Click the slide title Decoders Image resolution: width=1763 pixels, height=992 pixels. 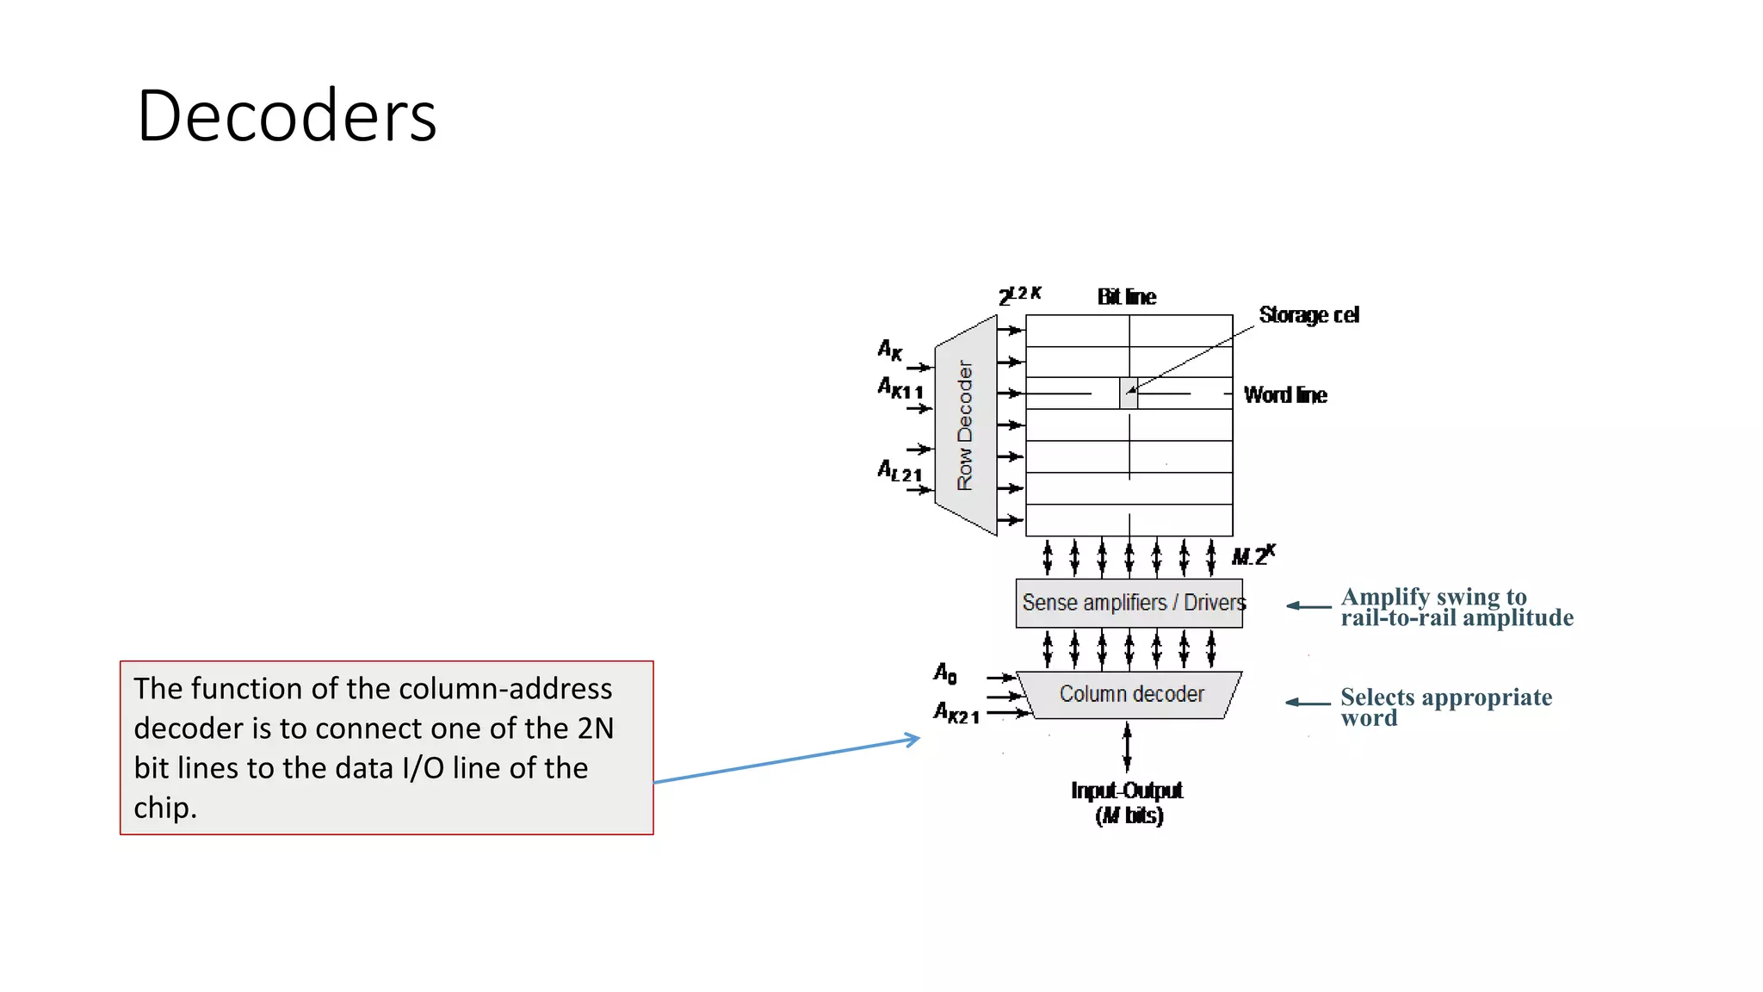pos(287,115)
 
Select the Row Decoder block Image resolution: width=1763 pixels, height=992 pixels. pos(966,425)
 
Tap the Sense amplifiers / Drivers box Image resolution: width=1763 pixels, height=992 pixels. pos(1129,603)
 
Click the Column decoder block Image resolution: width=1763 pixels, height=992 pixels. pos(1130,694)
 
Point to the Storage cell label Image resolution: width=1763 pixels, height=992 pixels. pos(1308,315)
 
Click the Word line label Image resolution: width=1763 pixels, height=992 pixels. pos(1285,395)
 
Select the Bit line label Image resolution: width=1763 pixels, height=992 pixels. pos(1126,297)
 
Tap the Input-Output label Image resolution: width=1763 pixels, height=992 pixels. pos(1127,790)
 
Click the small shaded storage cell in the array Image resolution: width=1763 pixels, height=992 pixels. pos(1129,393)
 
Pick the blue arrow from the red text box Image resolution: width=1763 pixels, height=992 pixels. pos(787,760)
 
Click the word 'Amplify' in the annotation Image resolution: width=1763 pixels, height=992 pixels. pos(1384,597)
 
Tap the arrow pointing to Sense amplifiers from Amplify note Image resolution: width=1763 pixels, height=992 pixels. pos(1308,606)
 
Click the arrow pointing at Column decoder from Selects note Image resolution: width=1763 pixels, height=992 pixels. pos(1308,703)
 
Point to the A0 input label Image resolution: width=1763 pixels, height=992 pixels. pos(945,673)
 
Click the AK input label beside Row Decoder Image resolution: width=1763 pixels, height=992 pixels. pos(889,350)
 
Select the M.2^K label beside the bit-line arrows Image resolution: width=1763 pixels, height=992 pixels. pos(1253,555)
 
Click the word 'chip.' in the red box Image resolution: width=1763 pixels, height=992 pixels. pos(165,808)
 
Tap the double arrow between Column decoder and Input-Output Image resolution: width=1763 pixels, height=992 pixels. pos(1127,746)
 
